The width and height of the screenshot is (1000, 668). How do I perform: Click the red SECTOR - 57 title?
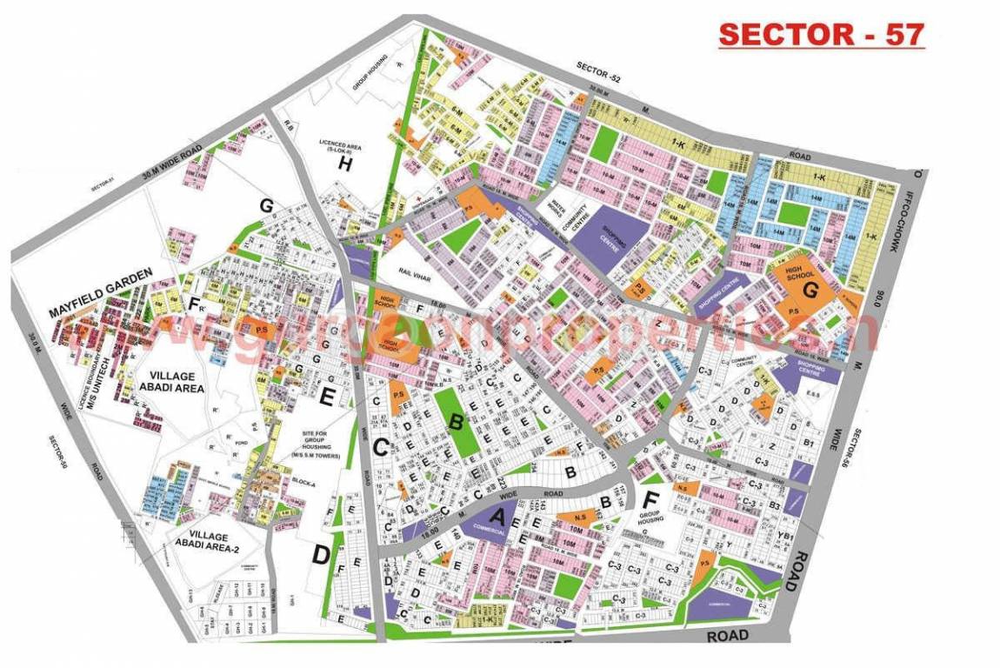click(821, 34)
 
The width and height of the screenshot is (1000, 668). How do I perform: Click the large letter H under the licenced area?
click(344, 167)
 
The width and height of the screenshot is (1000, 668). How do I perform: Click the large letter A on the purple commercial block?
click(497, 517)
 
